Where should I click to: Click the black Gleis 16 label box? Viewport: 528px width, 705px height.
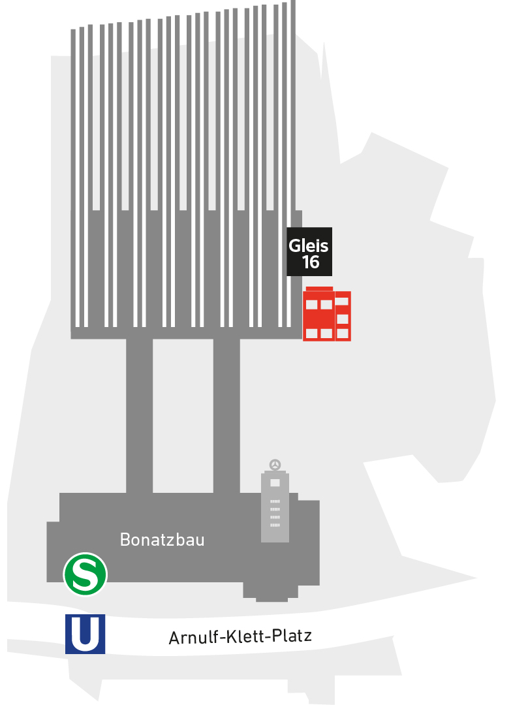(x=309, y=251)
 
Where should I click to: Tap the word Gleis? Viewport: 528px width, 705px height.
(x=309, y=246)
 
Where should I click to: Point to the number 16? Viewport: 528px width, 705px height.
(x=311, y=262)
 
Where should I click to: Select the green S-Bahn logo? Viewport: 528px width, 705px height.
(x=85, y=574)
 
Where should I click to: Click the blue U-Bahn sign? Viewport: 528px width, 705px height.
(x=85, y=634)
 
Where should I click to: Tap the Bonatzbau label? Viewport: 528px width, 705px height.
(x=163, y=540)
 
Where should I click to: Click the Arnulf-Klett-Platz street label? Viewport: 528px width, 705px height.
(x=240, y=636)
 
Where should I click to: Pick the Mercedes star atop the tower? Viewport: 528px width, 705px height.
(x=275, y=465)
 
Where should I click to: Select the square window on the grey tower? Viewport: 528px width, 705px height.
(x=275, y=482)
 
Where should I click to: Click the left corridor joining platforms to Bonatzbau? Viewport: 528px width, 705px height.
(x=139, y=415)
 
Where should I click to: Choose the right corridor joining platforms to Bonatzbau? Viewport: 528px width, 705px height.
(x=226, y=415)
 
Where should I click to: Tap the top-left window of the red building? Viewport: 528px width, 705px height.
(x=312, y=304)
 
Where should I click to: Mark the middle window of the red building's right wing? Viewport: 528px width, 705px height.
(x=343, y=319)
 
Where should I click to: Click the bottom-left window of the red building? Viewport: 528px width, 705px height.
(x=312, y=334)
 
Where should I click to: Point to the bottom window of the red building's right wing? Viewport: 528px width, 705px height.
(x=343, y=334)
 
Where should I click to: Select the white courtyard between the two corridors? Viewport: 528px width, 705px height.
(x=183, y=415)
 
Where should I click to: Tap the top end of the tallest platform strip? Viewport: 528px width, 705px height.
(x=293, y=4)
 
